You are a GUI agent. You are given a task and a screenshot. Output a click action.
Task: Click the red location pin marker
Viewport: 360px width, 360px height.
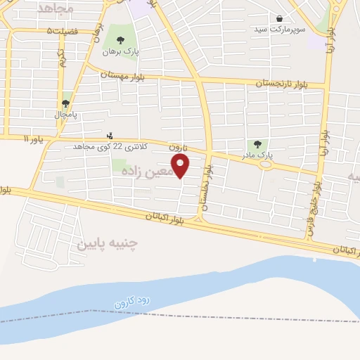(181, 166)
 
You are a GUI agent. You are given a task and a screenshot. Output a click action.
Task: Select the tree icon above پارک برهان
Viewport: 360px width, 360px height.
(120, 40)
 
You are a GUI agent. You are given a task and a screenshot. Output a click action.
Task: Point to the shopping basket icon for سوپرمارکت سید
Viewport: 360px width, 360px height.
(280, 19)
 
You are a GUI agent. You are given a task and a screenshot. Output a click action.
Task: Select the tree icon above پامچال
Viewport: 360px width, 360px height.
(65, 103)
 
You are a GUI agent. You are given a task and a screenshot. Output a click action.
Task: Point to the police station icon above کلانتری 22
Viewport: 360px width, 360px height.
(109, 136)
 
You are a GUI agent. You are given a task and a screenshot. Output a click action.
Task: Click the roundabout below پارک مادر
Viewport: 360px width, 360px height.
(266, 166)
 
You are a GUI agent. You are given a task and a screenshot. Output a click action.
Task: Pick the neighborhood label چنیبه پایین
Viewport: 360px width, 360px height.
(108, 244)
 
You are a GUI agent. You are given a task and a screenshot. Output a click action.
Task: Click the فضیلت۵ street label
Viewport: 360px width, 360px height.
(59, 31)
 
